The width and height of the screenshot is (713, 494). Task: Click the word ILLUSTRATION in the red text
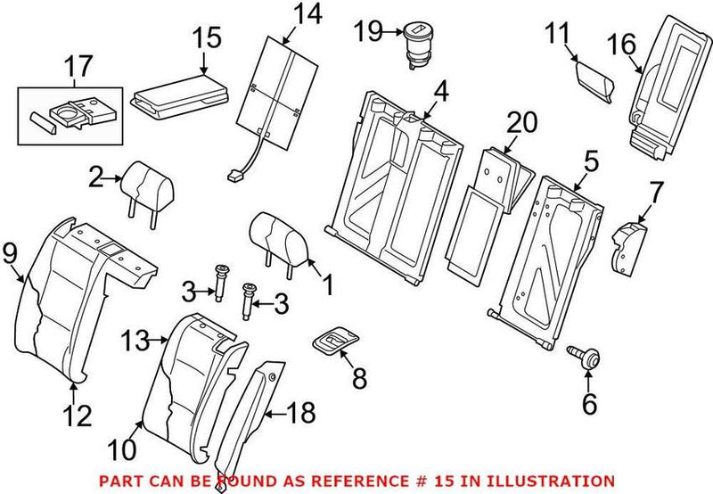(x=554, y=481)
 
